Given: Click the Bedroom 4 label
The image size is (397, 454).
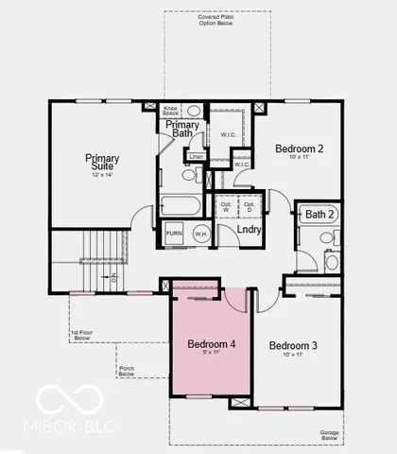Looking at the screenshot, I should (211, 344).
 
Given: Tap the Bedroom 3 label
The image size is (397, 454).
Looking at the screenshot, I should (294, 346).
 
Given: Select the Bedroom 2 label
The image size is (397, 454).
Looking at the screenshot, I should (300, 148).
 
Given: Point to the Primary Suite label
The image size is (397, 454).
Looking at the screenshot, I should (102, 163).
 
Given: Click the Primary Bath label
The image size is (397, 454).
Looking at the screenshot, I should (181, 130).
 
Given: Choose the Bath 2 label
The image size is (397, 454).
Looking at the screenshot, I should (320, 216).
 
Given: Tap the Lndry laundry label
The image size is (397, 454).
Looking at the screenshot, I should (250, 229).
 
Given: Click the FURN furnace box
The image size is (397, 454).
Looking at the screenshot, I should (175, 233).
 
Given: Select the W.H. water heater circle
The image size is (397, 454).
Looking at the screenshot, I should (199, 233).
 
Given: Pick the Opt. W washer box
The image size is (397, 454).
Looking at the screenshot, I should (226, 205).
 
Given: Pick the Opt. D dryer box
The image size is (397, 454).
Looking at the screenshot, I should (250, 205).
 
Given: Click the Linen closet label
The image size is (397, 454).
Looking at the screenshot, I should (196, 156).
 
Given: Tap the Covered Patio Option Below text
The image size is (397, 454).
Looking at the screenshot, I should (217, 21).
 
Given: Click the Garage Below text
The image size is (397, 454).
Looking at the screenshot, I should (329, 435).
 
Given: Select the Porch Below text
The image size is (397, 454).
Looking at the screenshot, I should (127, 370).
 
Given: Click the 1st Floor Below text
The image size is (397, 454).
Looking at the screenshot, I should (84, 335).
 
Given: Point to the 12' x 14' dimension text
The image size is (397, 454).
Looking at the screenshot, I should (102, 176).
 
